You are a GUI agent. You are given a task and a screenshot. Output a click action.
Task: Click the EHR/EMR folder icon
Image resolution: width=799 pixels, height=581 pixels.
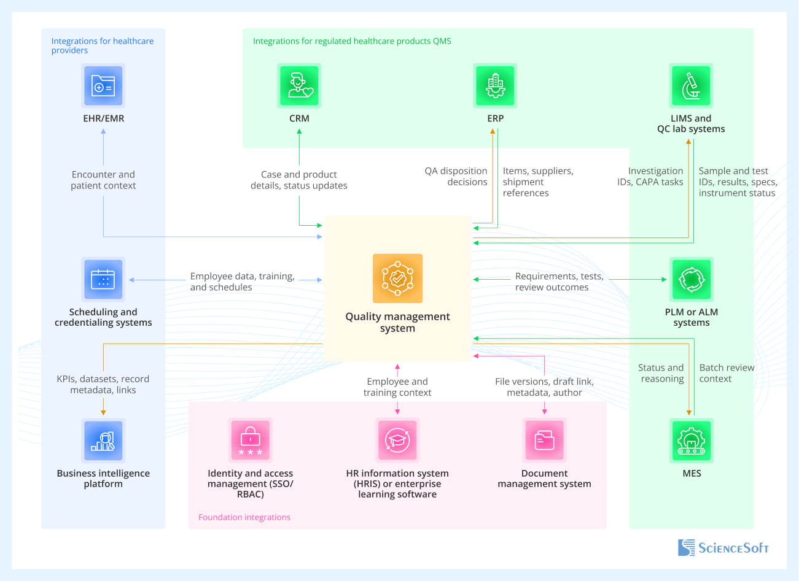103,86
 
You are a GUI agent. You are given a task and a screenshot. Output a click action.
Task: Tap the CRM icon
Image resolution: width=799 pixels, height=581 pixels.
299,86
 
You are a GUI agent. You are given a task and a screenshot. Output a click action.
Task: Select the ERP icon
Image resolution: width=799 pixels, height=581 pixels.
495,86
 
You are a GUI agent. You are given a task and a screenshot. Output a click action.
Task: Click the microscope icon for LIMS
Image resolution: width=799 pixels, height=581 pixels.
691,86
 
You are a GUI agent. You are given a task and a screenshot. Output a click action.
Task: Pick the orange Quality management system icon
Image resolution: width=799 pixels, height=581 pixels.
397,279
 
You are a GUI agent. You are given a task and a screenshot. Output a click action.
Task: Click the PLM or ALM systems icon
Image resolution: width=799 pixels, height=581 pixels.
691,279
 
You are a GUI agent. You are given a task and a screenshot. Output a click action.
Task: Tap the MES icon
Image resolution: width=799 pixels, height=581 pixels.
691,441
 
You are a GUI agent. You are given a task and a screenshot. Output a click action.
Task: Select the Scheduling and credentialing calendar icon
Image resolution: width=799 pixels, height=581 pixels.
103,279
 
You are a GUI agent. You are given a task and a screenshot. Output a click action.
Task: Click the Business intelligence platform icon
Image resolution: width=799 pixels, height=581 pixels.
103,441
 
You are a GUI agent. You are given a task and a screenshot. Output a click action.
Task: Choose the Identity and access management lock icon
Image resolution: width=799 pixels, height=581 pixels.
250,441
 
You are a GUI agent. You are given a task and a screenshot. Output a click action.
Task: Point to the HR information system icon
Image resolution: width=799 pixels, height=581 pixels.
397,441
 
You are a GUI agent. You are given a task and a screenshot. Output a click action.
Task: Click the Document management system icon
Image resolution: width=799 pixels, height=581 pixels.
544,441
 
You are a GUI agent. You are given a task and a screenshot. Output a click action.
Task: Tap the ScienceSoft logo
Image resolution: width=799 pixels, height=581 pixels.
723,548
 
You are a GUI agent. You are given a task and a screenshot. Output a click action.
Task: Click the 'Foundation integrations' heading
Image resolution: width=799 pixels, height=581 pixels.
244,517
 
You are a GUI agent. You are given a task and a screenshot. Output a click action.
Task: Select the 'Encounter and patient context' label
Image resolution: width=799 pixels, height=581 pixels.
103,180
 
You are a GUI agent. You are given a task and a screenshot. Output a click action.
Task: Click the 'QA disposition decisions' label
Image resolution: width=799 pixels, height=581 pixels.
456,177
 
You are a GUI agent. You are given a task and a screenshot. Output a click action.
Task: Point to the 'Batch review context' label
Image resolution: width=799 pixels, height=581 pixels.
727,373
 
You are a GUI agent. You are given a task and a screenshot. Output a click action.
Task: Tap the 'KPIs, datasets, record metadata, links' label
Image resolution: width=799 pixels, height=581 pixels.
103,385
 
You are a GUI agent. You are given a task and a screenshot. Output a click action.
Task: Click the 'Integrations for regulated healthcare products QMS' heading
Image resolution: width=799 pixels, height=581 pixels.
352,41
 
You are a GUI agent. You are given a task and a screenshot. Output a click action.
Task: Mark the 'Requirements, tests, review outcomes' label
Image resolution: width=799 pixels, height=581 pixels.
559,282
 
